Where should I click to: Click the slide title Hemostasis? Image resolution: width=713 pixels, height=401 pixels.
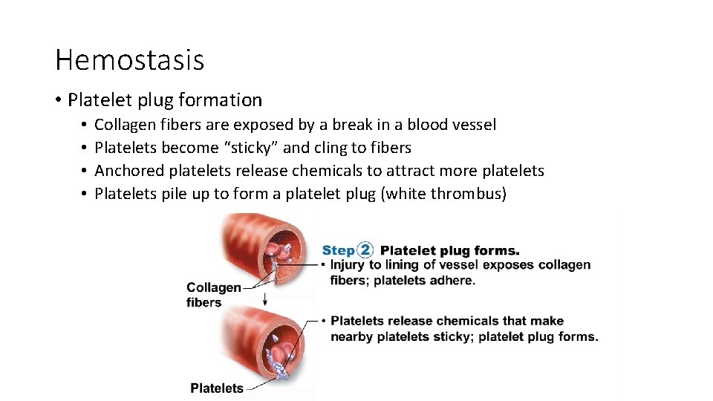[129, 59]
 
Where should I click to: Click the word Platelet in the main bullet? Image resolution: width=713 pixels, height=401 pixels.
[97, 100]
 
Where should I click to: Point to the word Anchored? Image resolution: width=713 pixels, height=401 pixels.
[129, 171]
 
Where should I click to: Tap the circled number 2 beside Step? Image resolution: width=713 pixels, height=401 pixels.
[365, 250]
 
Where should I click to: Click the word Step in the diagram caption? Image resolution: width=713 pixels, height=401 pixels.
[338, 250]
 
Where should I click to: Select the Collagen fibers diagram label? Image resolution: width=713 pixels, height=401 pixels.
[214, 295]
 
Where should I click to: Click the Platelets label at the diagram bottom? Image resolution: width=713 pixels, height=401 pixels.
[217, 388]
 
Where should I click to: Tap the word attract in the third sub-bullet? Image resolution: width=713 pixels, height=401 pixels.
[394, 171]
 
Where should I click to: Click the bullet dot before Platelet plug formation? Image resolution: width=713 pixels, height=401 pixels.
[59, 100]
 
